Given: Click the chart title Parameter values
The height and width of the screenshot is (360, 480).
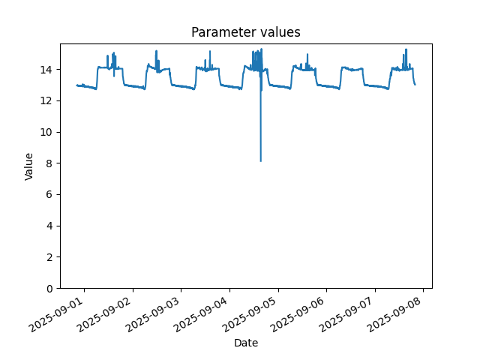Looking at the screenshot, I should point(245,32).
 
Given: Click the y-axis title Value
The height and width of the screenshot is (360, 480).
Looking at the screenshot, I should point(29,166).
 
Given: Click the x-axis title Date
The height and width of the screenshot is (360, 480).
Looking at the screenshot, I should point(245,343).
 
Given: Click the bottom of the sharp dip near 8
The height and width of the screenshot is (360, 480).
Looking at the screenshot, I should point(261,161).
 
